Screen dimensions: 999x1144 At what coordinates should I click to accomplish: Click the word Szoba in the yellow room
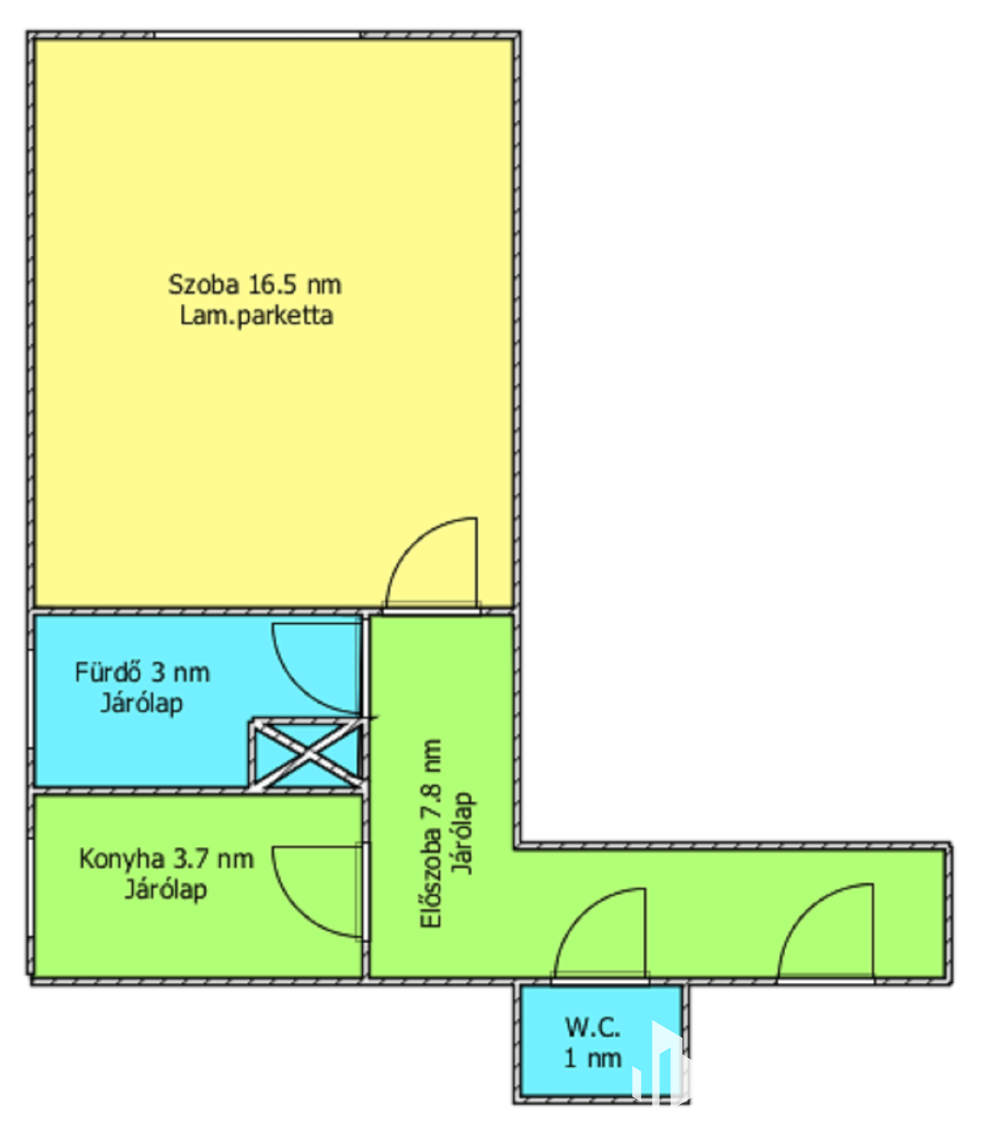[204, 284]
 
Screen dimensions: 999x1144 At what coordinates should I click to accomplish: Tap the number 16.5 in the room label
[272, 284]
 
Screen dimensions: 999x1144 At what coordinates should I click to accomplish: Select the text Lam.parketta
[257, 316]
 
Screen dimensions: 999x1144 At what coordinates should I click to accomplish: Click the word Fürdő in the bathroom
[108, 672]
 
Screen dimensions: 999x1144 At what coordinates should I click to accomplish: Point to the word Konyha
[122, 859]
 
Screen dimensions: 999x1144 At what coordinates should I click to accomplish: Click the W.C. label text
[592, 1027]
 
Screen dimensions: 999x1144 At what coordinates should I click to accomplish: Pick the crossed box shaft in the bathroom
[308, 754]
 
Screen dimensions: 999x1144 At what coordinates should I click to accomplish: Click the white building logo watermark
[660, 1062]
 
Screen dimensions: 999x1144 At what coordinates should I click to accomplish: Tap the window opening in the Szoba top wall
[257, 35]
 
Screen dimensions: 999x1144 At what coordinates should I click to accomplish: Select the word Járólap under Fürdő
[141, 704]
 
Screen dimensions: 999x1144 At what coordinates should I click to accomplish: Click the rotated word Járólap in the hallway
[463, 833]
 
